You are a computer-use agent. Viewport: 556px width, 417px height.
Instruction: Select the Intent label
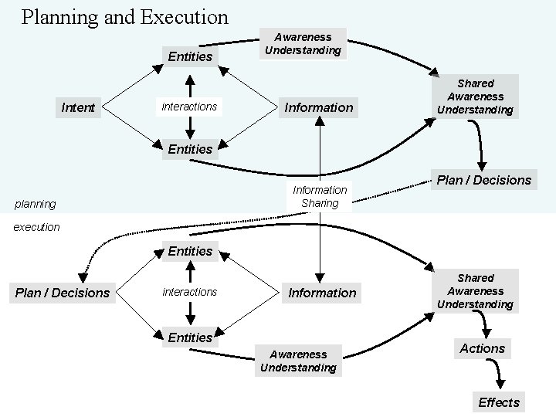[77, 107]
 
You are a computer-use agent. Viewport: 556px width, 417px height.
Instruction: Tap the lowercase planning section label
[36, 205]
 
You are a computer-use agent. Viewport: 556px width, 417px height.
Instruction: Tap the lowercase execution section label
[36, 227]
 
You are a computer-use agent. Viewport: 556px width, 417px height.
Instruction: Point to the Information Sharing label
[320, 197]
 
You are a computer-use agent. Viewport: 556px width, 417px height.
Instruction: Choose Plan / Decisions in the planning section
[484, 180]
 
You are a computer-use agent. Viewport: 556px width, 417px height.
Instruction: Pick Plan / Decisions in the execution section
[63, 293]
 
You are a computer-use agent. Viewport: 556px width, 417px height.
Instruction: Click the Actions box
[482, 349]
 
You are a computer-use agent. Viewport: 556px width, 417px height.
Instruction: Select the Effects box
[499, 402]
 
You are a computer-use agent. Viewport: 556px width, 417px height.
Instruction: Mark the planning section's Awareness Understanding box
[303, 43]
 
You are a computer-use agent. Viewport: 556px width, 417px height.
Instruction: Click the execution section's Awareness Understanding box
[298, 361]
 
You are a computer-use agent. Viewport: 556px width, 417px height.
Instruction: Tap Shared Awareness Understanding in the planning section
[475, 97]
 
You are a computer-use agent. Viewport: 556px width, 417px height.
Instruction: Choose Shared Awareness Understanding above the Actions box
[475, 291]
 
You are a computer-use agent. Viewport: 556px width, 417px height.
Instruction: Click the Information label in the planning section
[319, 107]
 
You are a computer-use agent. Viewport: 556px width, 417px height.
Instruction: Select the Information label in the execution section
[322, 293]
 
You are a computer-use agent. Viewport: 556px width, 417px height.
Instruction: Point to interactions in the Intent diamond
[189, 107]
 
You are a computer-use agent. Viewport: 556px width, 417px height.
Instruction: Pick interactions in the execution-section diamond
[189, 292]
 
